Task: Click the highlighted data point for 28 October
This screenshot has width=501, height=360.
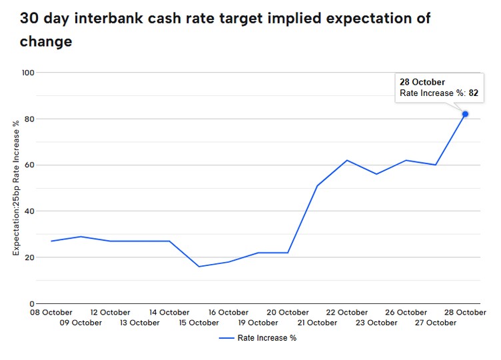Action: coord(465,114)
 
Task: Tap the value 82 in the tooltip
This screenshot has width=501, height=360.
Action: coord(473,93)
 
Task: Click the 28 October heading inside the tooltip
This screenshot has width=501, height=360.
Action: coord(422,82)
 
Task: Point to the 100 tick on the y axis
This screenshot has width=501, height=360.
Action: coord(28,73)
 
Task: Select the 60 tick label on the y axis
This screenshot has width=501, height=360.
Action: coord(29,165)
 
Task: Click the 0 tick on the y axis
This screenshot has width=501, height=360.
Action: coord(32,303)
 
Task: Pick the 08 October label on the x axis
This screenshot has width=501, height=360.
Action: coord(51,313)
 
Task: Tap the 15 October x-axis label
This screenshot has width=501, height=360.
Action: coord(199,323)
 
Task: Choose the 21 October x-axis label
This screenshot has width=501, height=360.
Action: coord(317,323)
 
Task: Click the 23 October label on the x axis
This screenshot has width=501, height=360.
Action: coord(376,323)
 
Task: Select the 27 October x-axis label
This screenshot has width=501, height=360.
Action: coord(436,323)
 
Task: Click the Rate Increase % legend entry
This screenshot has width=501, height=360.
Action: coord(258,338)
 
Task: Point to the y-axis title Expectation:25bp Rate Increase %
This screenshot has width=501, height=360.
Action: coord(16,188)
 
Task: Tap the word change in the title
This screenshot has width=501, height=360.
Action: coord(46,41)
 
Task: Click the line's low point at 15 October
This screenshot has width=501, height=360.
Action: coord(199,267)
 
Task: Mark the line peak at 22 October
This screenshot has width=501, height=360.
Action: coord(347,160)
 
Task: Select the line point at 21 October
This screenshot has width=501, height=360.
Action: coord(317,186)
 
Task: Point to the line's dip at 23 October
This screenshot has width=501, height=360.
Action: coord(376,174)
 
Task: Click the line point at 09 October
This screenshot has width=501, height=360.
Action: coord(81,237)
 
